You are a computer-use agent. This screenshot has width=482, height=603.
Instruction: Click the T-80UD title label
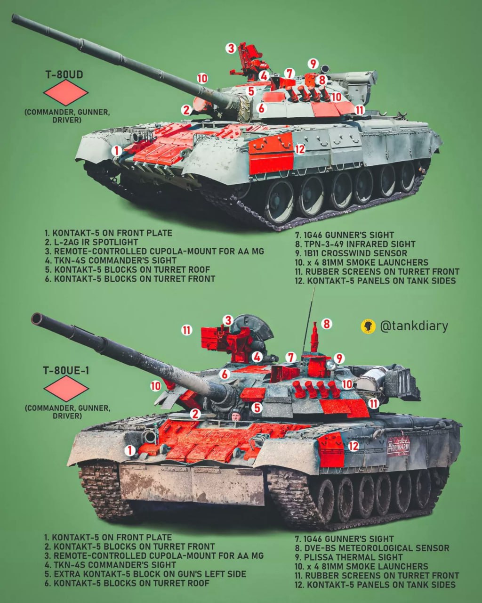tap(64, 74)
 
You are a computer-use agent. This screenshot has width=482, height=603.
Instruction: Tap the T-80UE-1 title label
tap(66, 371)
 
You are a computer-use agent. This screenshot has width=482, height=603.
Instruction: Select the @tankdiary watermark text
tap(414, 326)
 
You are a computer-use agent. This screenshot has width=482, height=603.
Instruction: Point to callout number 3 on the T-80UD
tap(231, 48)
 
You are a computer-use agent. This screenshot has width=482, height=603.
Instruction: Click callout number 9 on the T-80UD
tap(313, 64)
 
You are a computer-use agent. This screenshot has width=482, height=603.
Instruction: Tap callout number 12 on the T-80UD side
tap(299, 149)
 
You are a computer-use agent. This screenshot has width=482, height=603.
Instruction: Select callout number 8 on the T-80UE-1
tap(326, 324)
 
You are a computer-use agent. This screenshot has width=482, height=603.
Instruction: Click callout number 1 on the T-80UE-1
tap(129, 451)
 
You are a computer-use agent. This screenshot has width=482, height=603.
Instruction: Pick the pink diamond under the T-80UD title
tap(66, 93)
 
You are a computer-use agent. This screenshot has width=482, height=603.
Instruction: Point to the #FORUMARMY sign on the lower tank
tap(399, 448)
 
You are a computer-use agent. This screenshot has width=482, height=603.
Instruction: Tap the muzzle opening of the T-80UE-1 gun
tap(37, 318)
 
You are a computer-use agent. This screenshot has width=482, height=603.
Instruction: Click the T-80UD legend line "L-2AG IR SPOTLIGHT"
tap(92, 242)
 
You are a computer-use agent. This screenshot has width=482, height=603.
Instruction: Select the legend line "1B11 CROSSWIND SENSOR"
tap(351, 253)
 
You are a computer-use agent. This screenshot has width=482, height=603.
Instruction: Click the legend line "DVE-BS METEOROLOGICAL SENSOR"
tap(372, 548)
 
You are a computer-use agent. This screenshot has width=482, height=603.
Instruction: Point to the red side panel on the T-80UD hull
tap(271, 153)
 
